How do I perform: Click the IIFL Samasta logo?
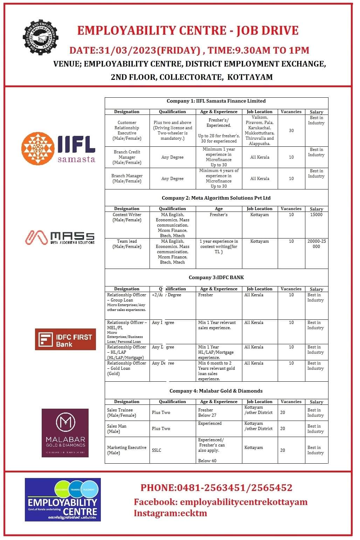pyautogui.click(x=58, y=147)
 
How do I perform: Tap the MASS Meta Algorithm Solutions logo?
pyautogui.click(x=60, y=237)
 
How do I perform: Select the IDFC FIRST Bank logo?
pyautogui.click(x=65, y=339)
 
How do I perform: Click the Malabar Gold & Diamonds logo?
pyautogui.click(x=65, y=432)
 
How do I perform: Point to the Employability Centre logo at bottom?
pyautogui.click(x=63, y=499)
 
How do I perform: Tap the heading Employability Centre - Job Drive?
pyautogui.click(x=188, y=30)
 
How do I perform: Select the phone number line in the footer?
pyautogui.click(x=216, y=487)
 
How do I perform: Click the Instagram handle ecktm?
pyautogui.click(x=170, y=513)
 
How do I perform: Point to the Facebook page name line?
pyautogui.click(x=220, y=502)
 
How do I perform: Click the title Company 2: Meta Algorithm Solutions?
pyautogui.click(x=216, y=198)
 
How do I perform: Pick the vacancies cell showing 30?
pyautogui.click(x=291, y=131)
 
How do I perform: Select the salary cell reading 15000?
pyautogui.click(x=316, y=215)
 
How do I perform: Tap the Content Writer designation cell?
pyautogui.click(x=127, y=217)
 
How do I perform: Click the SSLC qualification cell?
pyautogui.click(x=157, y=450)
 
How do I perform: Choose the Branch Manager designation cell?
pyautogui.click(x=127, y=178)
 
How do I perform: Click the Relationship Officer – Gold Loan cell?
pyautogui.click(x=126, y=368)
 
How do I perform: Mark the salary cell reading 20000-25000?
pyautogui.click(x=316, y=244)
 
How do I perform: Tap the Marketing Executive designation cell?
pyautogui.click(x=126, y=450)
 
